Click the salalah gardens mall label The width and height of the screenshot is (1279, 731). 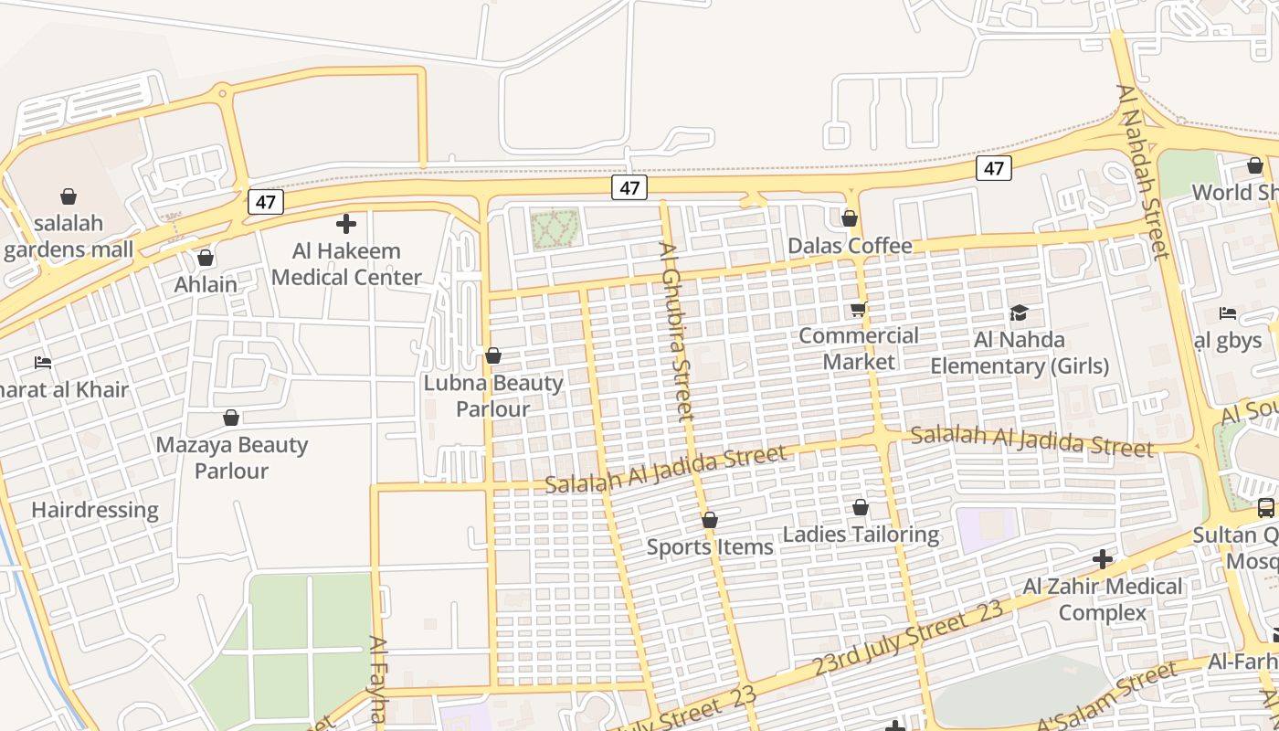[69, 236]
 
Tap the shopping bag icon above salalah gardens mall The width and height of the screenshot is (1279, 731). [69, 196]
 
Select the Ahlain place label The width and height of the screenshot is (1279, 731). [206, 284]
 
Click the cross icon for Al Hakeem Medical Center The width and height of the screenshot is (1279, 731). [346, 223]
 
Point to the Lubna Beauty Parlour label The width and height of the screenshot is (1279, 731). [493, 395]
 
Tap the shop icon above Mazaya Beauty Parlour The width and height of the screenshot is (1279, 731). [231, 418]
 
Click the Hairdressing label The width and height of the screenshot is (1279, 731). [95, 510]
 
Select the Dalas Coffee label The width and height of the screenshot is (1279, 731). [850, 246]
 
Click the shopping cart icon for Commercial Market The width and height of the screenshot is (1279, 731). [858, 310]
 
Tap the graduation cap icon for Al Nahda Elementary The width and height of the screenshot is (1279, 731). [1019, 313]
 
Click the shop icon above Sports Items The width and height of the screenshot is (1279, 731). [710, 520]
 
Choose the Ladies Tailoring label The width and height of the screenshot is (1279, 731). [861, 534]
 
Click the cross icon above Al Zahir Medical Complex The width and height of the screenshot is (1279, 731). [1103, 558]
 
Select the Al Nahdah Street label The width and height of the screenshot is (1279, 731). [1143, 171]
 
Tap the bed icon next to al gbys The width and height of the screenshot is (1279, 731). [1228, 313]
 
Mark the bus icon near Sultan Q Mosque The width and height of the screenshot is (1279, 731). [1265, 508]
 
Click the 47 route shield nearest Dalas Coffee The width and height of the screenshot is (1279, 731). [993, 168]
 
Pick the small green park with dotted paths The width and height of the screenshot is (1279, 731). [555, 228]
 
